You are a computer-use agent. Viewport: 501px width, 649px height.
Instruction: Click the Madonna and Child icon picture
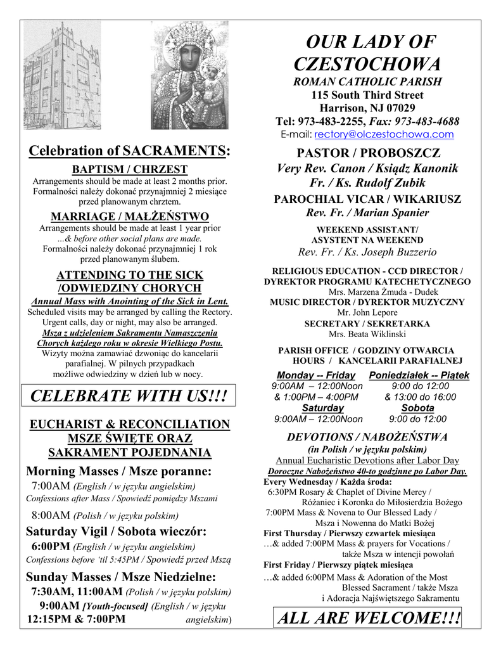click(189, 75)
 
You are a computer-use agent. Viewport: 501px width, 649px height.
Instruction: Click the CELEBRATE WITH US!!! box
click(129, 397)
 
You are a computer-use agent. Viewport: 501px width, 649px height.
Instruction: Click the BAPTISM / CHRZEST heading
click(129, 169)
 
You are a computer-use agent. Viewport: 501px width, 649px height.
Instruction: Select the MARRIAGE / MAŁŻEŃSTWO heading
click(130, 215)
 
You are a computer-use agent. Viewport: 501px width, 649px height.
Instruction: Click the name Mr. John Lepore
click(367, 313)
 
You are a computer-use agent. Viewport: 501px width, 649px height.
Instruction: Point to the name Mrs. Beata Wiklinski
click(367, 334)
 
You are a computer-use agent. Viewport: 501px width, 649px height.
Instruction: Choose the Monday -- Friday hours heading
click(316, 375)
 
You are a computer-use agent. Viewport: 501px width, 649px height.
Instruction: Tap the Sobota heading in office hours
click(417, 408)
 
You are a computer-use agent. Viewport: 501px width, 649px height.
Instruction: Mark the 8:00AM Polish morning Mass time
click(51, 515)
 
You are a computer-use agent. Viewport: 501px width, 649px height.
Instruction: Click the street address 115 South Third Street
click(367, 95)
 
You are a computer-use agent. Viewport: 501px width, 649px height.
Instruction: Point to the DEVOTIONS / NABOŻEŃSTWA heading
click(367, 437)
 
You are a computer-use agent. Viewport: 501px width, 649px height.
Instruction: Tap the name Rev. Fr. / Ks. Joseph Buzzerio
click(367, 252)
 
